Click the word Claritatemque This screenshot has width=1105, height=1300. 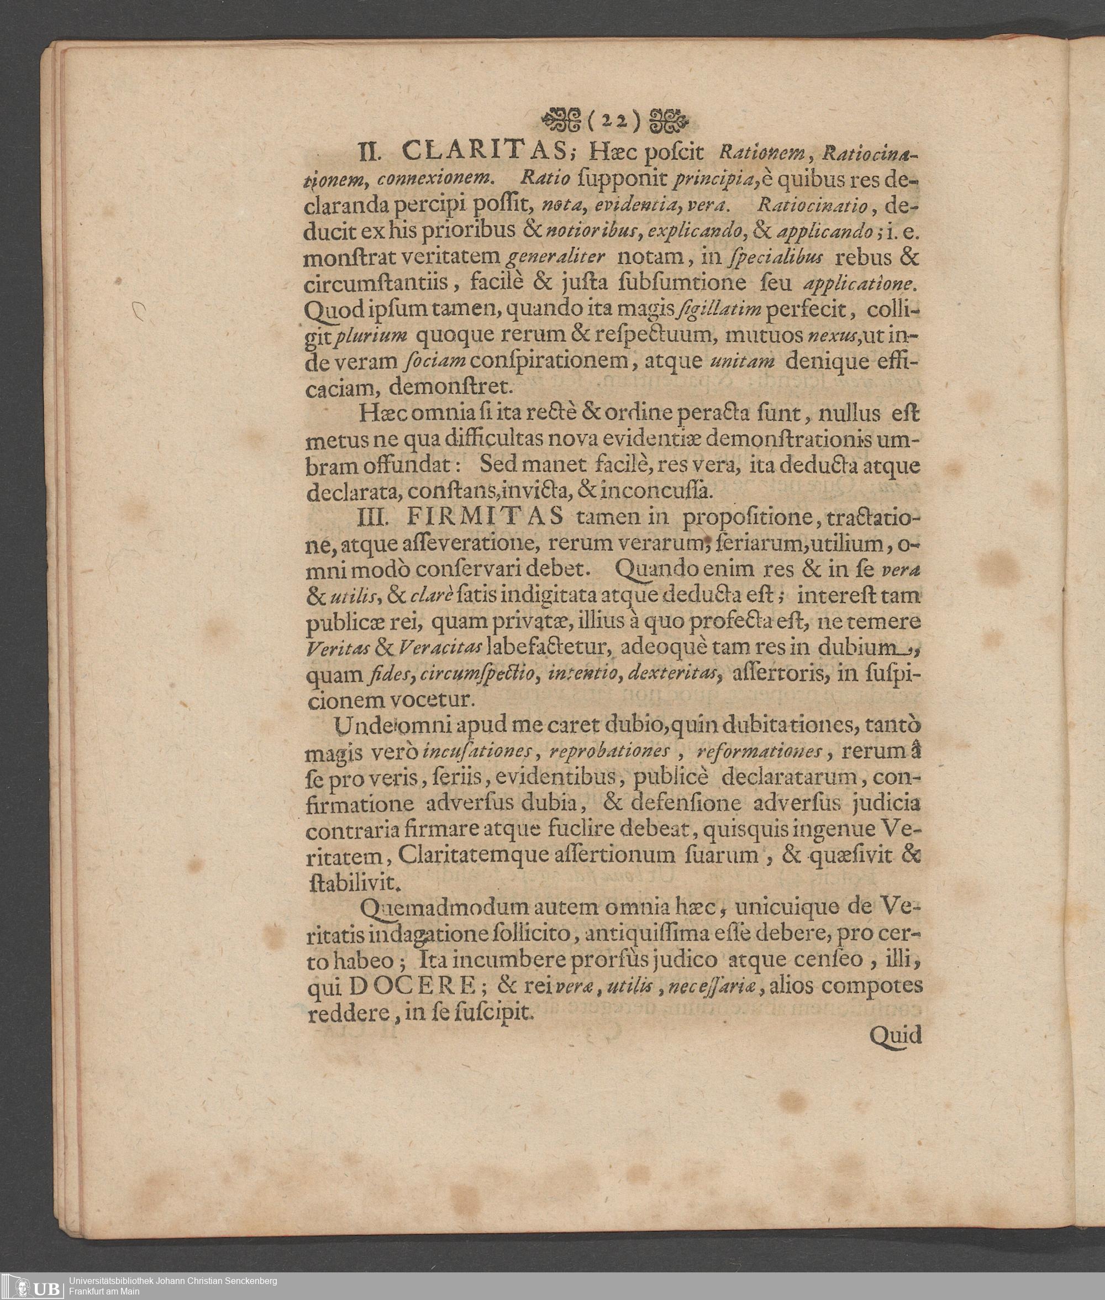tap(477, 855)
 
